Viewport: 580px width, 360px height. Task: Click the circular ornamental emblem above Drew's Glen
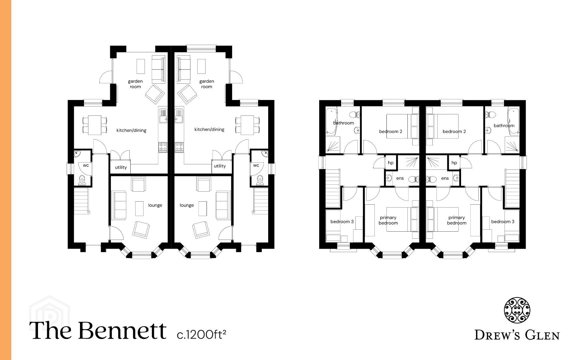(517, 310)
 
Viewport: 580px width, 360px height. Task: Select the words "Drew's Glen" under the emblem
(517, 335)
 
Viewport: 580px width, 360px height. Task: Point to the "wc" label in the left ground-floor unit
(86, 165)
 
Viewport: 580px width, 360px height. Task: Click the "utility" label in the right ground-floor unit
(220, 166)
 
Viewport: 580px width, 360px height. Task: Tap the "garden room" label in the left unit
(135, 84)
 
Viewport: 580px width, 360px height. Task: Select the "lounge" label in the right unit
(187, 205)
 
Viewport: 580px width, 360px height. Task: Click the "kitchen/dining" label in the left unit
(131, 130)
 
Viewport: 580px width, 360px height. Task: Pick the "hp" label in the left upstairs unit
(390, 163)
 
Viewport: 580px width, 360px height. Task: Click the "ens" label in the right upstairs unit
(445, 178)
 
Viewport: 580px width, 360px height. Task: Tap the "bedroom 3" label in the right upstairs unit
(503, 222)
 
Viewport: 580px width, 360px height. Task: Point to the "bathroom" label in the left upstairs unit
(343, 123)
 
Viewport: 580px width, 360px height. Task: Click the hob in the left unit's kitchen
(163, 147)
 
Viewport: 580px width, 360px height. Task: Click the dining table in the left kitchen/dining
(94, 125)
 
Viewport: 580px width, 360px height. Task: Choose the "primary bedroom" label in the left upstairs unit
(388, 220)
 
